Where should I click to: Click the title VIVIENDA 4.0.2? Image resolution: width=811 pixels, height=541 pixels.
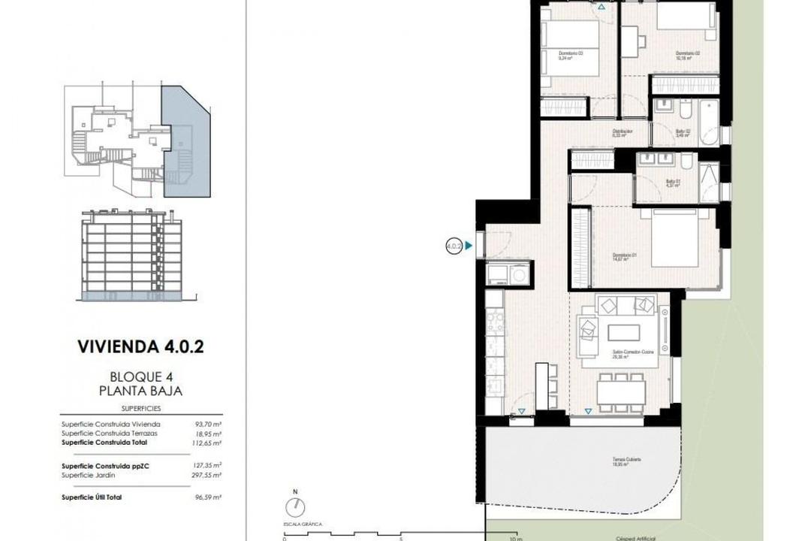click(x=140, y=346)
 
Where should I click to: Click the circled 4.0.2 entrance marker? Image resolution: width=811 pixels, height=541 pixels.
click(x=454, y=245)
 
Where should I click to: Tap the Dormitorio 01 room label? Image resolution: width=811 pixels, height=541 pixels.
click(x=624, y=257)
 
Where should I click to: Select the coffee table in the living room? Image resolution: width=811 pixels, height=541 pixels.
click(x=623, y=331)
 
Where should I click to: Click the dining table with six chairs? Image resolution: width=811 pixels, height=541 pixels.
click(x=621, y=392)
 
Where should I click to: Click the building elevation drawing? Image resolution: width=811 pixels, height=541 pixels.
click(x=132, y=255)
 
